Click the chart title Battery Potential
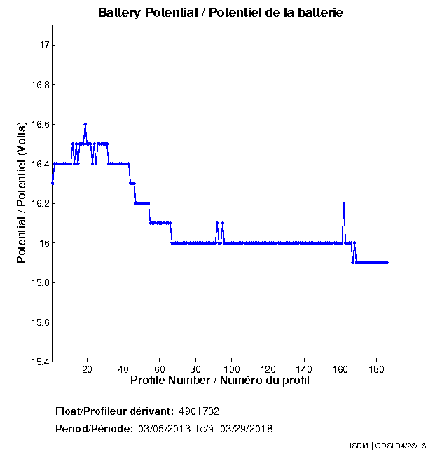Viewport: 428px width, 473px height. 221,13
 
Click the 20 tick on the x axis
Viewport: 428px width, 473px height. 88,369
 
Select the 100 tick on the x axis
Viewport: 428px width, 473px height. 232,369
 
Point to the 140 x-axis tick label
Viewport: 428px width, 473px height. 305,369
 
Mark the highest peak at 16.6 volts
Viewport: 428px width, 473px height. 85,124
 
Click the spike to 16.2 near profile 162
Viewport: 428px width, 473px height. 344,203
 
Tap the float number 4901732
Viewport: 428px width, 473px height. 203,411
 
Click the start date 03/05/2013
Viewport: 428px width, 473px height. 164,428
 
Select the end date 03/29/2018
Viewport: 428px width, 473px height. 247,428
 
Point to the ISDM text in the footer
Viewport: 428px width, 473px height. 359,446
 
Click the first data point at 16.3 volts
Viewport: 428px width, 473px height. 53,184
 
